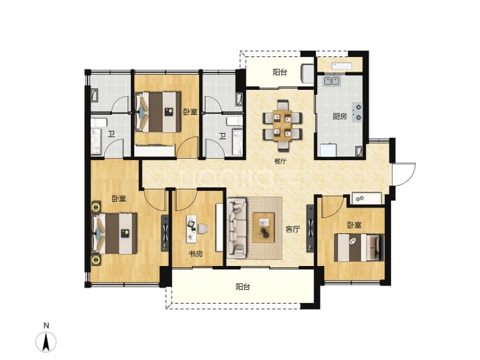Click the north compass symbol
(x=46, y=338)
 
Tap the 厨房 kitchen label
(x=339, y=116)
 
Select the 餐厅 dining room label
(x=280, y=161)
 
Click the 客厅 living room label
(x=292, y=229)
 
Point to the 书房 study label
(x=195, y=254)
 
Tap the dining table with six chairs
(x=282, y=125)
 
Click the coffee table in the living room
(x=263, y=228)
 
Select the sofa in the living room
(x=237, y=228)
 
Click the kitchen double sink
(x=332, y=81)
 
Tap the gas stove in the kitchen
(x=358, y=112)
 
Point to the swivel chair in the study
(x=202, y=229)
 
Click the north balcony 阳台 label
(x=280, y=72)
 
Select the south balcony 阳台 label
(x=243, y=287)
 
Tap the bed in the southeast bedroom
(x=359, y=248)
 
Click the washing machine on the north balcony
(x=307, y=74)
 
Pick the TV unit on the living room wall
(x=310, y=228)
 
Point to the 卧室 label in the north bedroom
(x=191, y=111)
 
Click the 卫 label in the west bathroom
(x=111, y=134)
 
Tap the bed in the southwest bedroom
(x=115, y=234)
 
